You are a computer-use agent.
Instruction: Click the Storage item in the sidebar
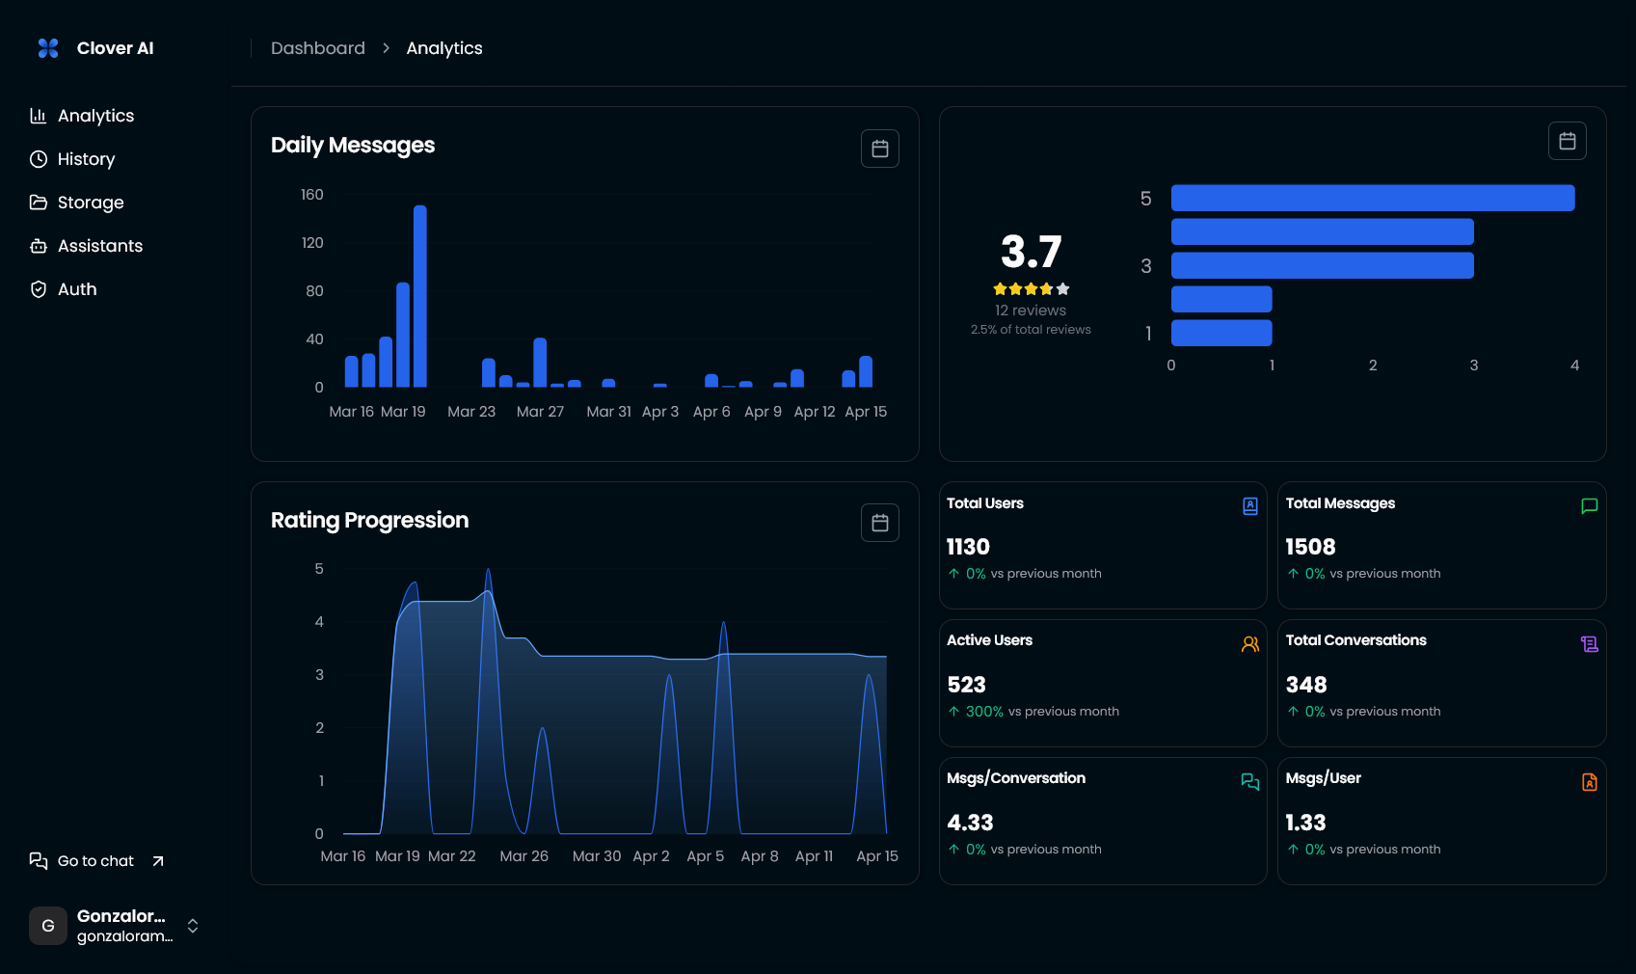coord(90,203)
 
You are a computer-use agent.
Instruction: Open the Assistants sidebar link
coord(99,246)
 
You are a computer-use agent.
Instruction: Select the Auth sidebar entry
coord(77,289)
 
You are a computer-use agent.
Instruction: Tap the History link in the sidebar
coord(86,159)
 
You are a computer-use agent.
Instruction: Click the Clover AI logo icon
coord(48,48)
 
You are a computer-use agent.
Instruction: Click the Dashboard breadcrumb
coord(317,48)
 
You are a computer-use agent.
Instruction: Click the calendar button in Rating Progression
coord(879,523)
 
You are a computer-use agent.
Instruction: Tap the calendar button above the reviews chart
coord(1567,141)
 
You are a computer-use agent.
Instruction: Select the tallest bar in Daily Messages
coord(419,295)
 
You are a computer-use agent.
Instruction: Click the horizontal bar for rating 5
coord(1372,199)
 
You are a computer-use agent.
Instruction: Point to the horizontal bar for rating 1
coord(1220,334)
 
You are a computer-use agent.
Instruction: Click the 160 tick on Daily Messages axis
coord(311,195)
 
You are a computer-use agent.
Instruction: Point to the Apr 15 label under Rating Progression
coord(876,856)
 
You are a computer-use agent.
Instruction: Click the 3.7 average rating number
coord(1031,253)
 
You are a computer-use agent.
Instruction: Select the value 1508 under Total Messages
coord(1310,547)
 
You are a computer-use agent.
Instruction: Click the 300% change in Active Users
coord(984,712)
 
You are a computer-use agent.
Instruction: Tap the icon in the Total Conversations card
coord(1589,644)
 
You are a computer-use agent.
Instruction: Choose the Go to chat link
coord(95,861)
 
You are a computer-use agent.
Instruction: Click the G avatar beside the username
coord(48,926)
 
